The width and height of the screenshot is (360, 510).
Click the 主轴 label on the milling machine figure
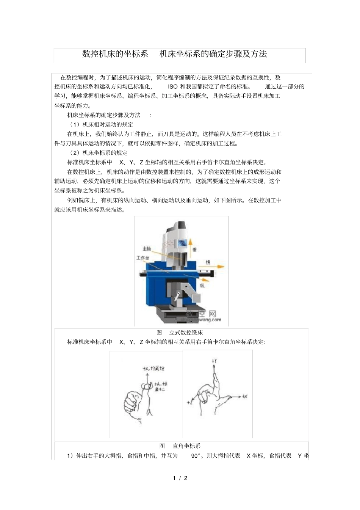[147, 249]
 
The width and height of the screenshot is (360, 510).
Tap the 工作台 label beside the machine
[143, 258]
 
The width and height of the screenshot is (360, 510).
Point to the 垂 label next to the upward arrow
[195, 250]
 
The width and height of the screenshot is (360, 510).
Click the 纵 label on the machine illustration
[202, 285]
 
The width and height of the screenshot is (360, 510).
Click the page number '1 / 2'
[180, 478]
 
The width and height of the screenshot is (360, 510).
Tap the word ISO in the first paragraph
[172, 86]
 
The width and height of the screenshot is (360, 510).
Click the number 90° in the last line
[196, 456]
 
